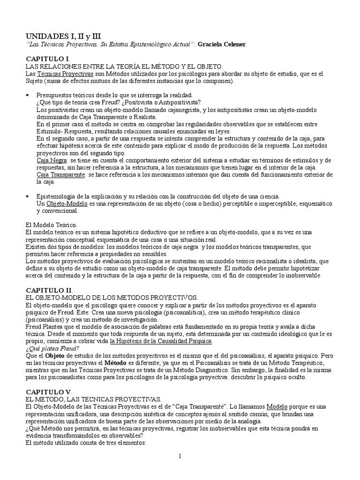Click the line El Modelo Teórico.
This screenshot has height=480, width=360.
[51, 225]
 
